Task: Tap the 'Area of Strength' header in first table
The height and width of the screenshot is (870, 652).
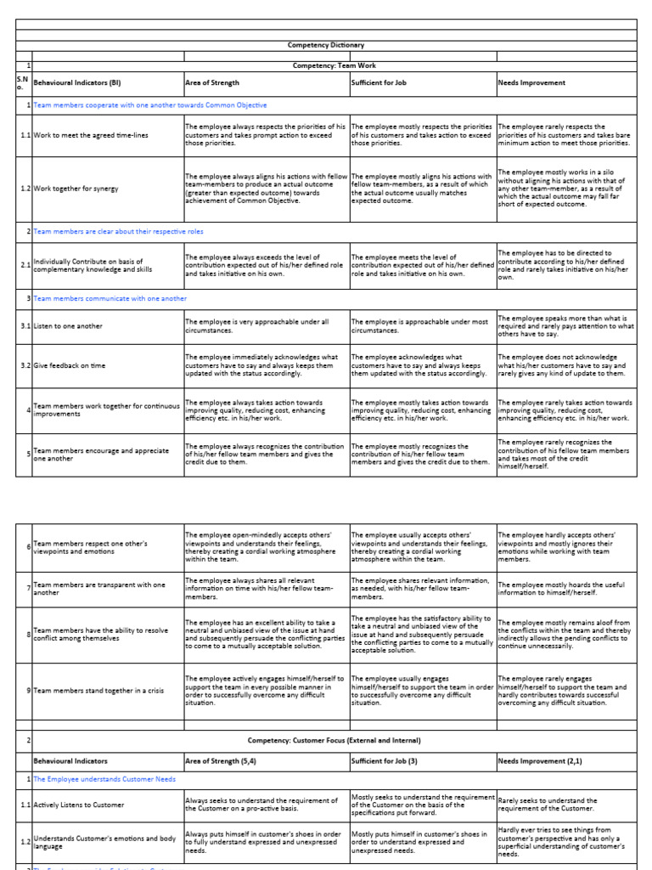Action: pyautogui.click(x=212, y=83)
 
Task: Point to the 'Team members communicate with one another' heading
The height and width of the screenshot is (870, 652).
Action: pyautogui.click(x=110, y=298)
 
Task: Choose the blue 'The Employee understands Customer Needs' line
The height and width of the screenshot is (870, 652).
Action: pyautogui.click(x=105, y=779)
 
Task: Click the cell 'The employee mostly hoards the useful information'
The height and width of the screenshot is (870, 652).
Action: pyautogui.click(x=561, y=588)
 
